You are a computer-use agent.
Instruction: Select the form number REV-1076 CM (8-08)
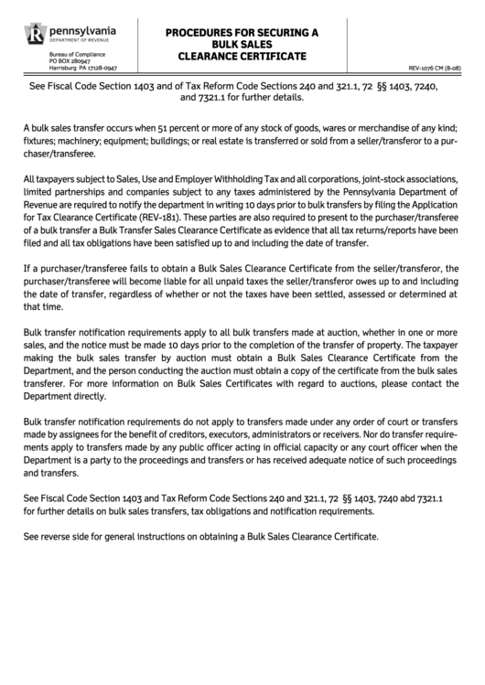click(x=441, y=68)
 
